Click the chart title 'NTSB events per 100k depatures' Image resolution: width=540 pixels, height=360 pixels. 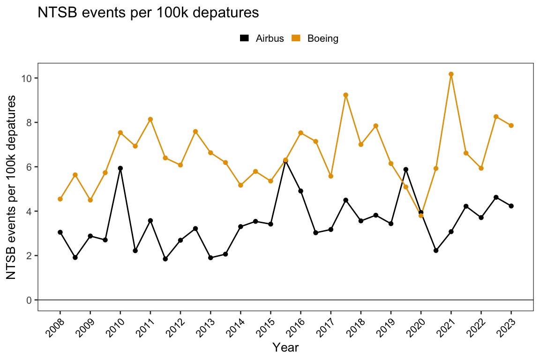click(x=148, y=13)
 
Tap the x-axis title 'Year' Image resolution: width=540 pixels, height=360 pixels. click(x=285, y=347)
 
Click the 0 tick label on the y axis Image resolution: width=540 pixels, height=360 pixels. click(x=29, y=300)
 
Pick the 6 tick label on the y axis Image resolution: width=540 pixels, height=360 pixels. click(x=29, y=167)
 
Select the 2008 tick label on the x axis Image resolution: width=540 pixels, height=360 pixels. click(x=56, y=324)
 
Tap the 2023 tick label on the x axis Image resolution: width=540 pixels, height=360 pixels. click(x=507, y=324)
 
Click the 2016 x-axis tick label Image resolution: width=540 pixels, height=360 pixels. click(x=296, y=324)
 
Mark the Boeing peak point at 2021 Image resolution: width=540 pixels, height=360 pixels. click(x=451, y=74)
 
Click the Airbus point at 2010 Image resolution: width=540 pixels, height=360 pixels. click(x=120, y=168)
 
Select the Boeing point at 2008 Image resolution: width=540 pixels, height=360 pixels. click(x=60, y=199)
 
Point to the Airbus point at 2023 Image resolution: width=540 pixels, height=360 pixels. click(x=511, y=206)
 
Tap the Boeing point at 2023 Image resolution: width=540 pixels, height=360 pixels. click(x=511, y=125)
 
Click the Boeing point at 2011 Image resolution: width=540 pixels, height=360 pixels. click(x=150, y=119)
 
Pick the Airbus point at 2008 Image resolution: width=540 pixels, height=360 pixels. click(x=60, y=232)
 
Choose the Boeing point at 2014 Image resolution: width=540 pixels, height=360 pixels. click(x=240, y=185)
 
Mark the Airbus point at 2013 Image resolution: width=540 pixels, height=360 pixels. click(x=210, y=258)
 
